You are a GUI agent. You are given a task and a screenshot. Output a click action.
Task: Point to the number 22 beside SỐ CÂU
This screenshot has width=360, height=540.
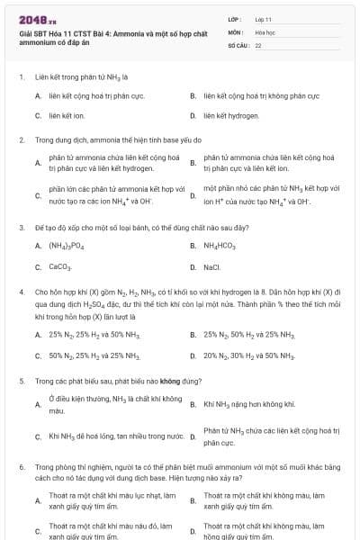[258, 45]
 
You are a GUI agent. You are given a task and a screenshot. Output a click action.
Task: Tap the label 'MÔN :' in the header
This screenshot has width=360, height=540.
[236, 31]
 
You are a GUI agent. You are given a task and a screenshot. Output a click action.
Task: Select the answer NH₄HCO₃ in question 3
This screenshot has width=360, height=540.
[220, 246]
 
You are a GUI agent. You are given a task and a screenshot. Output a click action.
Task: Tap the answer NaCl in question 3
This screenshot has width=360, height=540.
[212, 267]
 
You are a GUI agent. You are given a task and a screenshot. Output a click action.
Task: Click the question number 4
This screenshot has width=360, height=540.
[21, 293]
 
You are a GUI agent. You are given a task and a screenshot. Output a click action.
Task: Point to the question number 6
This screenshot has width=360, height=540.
[21, 468]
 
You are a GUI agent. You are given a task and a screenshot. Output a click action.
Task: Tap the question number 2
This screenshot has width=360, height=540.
[21, 140]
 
